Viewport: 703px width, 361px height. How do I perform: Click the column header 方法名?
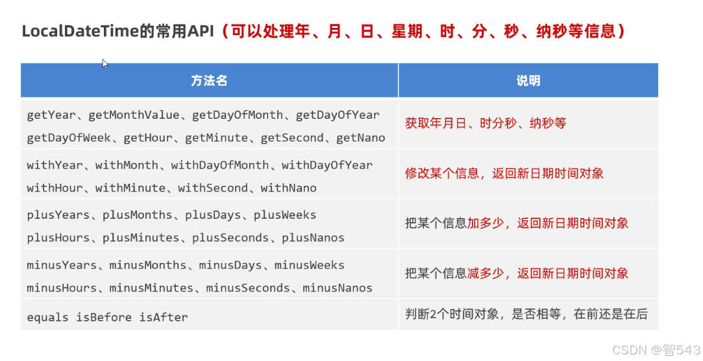(x=209, y=81)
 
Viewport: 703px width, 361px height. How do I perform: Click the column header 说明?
(x=528, y=81)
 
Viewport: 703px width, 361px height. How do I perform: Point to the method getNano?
(x=360, y=138)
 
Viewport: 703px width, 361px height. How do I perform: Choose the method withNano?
(x=288, y=188)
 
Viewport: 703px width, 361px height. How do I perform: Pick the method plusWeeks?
(x=285, y=215)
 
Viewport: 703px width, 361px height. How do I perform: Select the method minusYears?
(x=62, y=265)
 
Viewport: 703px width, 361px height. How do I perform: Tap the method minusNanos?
(x=338, y=288)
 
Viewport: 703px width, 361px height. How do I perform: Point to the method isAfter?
(x=164, y=317)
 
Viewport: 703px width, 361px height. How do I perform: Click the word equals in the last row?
(x=47, y=317)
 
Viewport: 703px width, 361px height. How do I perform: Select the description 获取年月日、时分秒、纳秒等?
(x=486, y=123)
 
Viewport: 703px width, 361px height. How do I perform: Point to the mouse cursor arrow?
(x=104, y=62)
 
